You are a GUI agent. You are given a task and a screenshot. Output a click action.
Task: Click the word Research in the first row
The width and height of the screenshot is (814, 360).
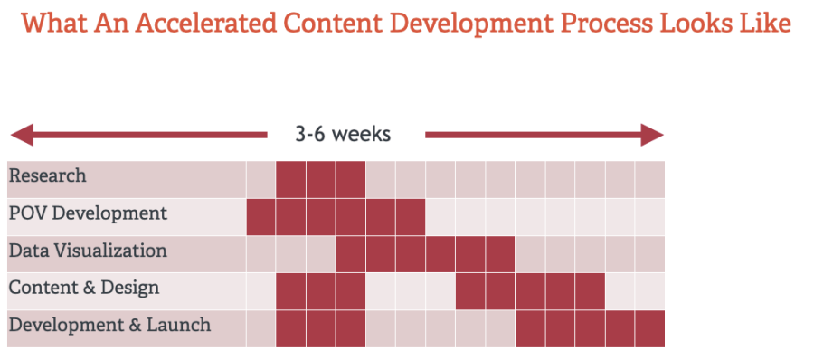pos(48,176)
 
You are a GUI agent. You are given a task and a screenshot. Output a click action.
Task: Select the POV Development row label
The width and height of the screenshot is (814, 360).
pos(89,213)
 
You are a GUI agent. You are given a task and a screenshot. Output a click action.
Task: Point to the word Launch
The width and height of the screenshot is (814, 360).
pos(178,326)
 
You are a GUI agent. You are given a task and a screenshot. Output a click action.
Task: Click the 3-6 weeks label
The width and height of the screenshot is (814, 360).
pos(343,135)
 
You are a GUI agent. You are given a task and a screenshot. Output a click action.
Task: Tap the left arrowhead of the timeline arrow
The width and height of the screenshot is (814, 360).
pos(23,135)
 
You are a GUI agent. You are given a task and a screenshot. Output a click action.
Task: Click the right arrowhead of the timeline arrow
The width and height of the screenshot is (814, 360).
pos(652,135)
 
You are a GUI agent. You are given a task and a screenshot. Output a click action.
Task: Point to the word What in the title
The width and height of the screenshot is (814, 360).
pos(52,24)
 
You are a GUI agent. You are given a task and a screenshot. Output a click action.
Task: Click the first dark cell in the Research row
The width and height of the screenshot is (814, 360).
pos(290,180)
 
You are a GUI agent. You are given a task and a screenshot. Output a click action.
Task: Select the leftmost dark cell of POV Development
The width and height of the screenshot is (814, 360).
pos(261,217)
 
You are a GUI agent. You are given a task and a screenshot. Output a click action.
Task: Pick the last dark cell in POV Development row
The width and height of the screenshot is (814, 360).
pos(411,217)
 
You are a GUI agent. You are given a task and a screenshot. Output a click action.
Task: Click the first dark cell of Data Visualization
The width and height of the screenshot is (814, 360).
pos(351,254)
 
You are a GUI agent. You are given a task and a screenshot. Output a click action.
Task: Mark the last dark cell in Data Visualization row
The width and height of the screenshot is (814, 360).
pos(500,254)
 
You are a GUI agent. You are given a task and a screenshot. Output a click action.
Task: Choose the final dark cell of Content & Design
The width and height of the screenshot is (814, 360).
pos(591,292)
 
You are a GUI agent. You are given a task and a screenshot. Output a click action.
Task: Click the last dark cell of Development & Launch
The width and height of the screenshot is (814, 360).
pos(650,329)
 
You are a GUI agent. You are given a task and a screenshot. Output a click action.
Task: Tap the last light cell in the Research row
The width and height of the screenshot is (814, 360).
pos(650,180)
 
